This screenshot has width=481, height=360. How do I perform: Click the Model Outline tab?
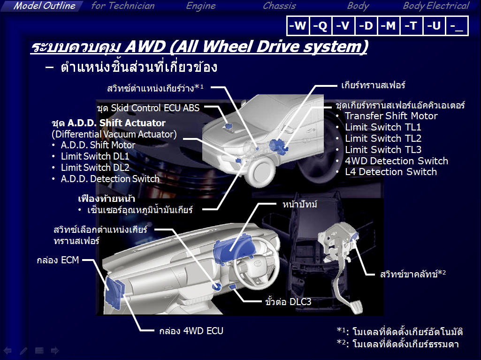coord(44,6)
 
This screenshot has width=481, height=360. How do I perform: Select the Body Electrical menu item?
coord(436,6)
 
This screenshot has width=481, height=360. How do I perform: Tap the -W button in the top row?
coord(298,25)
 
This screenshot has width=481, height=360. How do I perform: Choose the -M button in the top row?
coord(389,25)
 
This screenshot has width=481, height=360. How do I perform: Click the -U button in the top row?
coord(434,25)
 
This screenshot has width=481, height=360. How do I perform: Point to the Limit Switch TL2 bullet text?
coord(383,138)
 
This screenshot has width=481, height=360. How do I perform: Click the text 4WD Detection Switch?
coord(397,161)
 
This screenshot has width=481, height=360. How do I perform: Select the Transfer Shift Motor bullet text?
coord(391,116)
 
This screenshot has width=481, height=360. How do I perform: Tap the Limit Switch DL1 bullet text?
coord(95,156)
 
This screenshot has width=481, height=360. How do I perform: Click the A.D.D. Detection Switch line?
coord(110,179)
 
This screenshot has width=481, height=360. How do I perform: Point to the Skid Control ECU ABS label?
coord(148,108)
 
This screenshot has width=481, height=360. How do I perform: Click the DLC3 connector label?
coord(288,302)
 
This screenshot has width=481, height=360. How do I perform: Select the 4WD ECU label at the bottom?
coord(191,331)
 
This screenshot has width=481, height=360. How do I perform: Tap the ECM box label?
coord(58,260)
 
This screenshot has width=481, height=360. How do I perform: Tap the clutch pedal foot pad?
coord(355,306)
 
